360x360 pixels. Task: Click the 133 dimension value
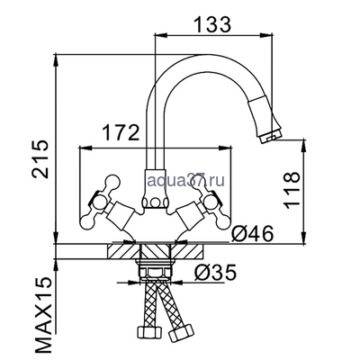(x=213, y=24)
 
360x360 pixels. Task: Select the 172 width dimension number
(x=121, y=133)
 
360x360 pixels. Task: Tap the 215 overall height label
(x=40, y=159)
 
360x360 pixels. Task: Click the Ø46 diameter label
(x=252, y=233)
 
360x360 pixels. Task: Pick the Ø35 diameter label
(x=215, y=273)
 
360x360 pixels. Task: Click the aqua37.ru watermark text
(x=186, y=181)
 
